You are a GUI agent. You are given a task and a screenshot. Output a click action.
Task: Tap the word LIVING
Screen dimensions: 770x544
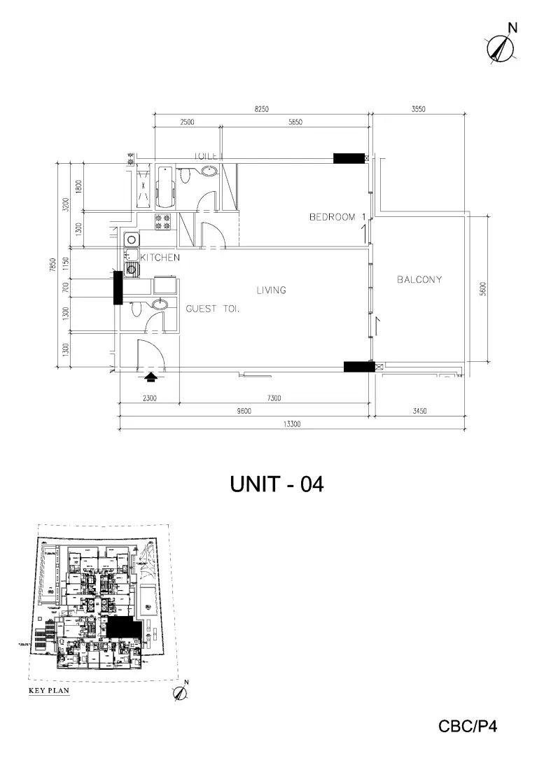[271, 290]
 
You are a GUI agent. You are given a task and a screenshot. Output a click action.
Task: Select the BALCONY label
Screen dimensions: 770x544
[419, 280]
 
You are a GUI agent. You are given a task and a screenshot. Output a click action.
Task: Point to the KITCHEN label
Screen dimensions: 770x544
[160, 258]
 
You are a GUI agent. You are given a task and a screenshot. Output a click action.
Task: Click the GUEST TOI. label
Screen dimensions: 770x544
[213, 309]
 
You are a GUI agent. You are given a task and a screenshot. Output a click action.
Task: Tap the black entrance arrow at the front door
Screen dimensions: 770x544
[151, 378]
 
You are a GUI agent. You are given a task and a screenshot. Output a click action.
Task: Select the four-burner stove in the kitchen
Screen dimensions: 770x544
[163, 222]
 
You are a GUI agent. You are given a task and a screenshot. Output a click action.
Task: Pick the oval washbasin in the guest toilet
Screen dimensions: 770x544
[160, 304]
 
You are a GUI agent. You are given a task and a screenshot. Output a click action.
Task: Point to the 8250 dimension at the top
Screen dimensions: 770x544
[262, 109]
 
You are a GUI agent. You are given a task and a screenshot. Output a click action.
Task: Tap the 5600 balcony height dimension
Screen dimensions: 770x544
[482, 289]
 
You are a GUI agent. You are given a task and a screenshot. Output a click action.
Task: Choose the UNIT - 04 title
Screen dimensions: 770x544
[277, 484]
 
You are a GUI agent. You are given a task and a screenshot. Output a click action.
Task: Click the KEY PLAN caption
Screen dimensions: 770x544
[48, 690]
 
